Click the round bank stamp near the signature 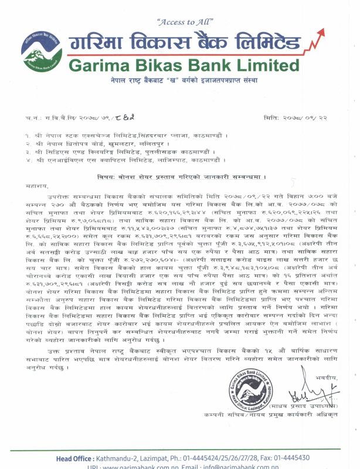(250, 384)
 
